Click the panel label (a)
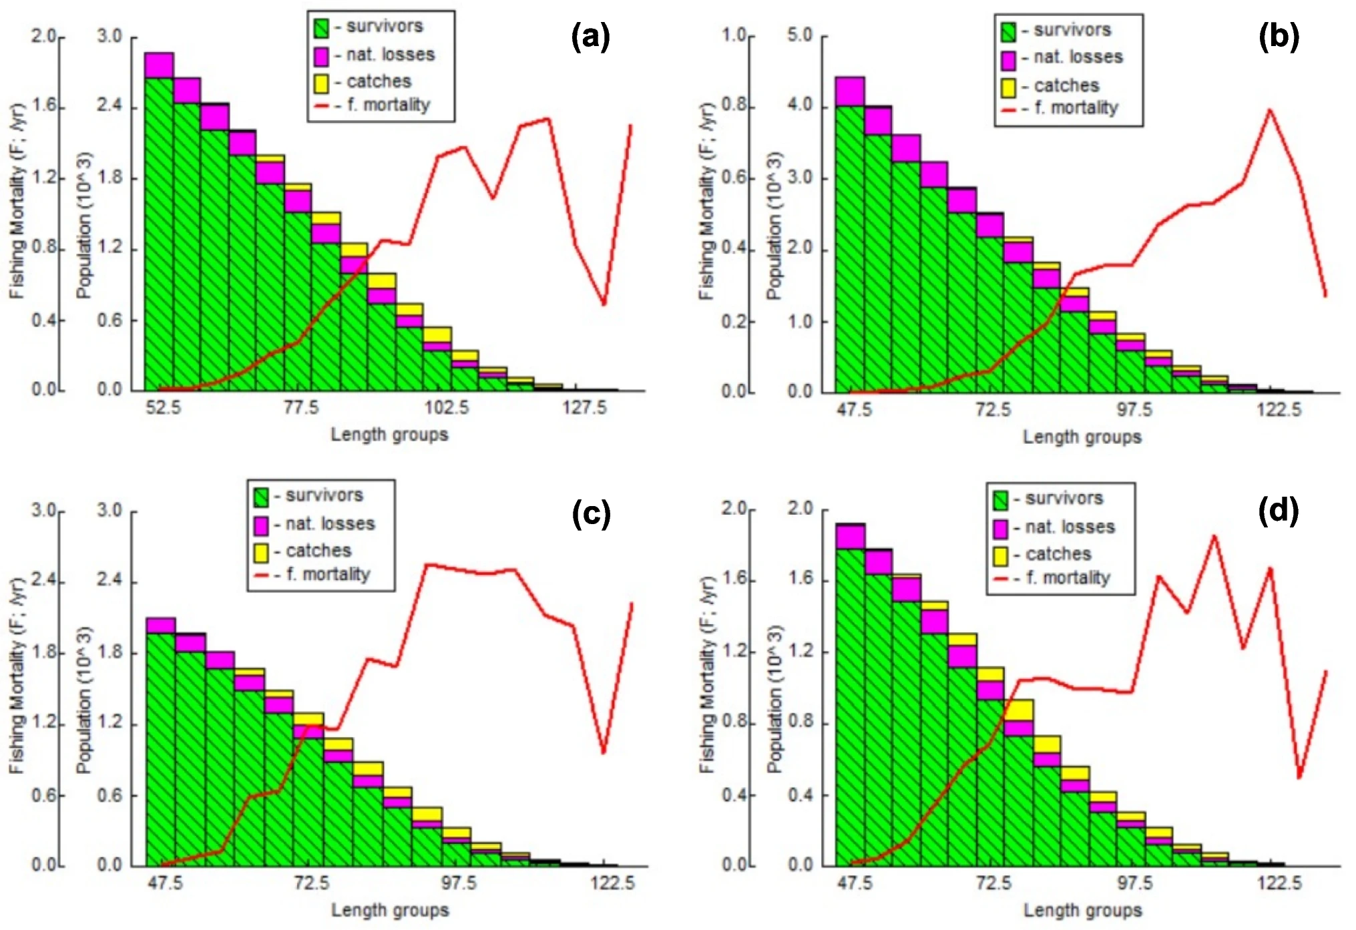pos(591,37)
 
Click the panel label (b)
pos(1279,37)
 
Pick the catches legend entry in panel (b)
pos(1050,86)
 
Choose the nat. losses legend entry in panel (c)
pos(314,524)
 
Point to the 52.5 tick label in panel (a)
pos(164,407)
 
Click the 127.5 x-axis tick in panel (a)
pos(585,407)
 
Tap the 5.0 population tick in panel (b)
pos(800,35)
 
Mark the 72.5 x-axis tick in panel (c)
pos(312,883)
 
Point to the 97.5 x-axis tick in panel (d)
pos(1134,883)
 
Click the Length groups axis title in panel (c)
pos(390,910)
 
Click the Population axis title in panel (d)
pos(774,699)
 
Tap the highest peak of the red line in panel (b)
pos(1269,109)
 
